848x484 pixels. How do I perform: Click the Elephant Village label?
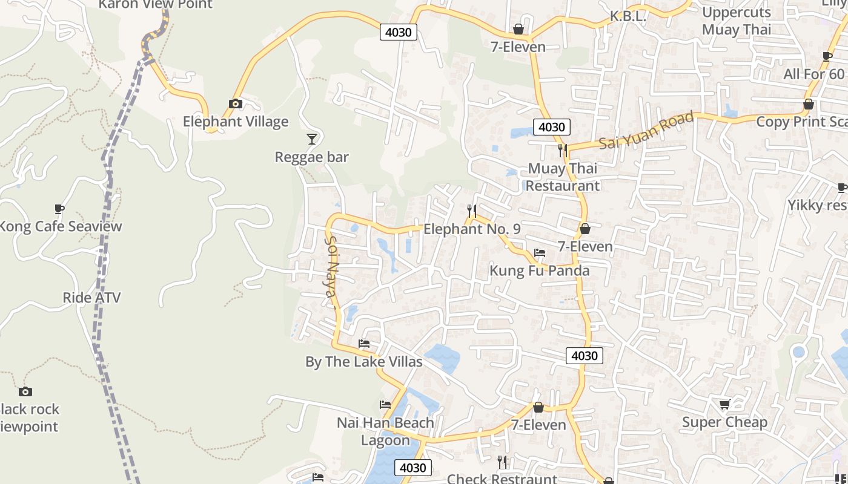pos(236,122)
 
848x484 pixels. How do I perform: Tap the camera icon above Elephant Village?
pos(236,104)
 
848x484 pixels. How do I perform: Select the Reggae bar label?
pos(311,157)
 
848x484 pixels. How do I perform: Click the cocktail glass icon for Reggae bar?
pos(311,139)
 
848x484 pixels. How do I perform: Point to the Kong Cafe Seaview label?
pos(61,227)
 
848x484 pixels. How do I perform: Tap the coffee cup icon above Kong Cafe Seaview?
pos(59,209)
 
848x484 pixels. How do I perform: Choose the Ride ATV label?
pos(91,298)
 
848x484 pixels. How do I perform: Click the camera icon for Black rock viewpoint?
pos(25,391)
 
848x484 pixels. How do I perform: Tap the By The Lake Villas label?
pos(363,362)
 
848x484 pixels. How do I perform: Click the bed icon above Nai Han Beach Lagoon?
pos(385,405)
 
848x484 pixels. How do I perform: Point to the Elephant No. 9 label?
pos(471,229)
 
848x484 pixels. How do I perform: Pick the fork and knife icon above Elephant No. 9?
pos(471,211)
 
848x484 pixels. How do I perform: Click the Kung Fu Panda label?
pos(539,270)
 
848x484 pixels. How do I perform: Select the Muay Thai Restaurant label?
pos(562,177)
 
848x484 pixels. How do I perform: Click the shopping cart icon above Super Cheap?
pos(724,404)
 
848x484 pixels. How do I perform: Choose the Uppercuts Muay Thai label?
pos(736,21)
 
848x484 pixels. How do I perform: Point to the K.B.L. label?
pos(628,16)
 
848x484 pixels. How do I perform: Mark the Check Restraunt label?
pos(502,479)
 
